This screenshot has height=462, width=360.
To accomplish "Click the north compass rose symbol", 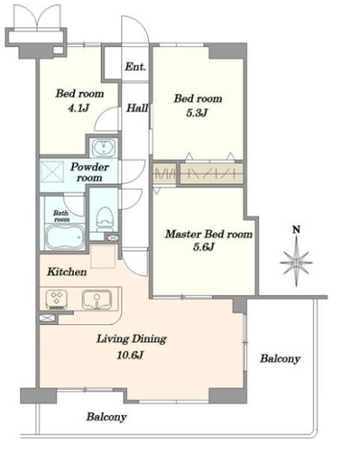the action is pyautogui.click(x=296, y=262).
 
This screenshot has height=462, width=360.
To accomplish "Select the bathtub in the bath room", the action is pyautogui.click(x=65, y=237).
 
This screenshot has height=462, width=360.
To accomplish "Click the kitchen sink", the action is pyautogui.click(x=97, y=300).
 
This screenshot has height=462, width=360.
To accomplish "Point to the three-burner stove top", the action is pyautogui.click(x=57, y=300).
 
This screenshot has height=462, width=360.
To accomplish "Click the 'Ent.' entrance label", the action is pyautogui.click(x=135, y=67).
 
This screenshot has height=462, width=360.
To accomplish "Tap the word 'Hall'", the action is pyautogui.click(x=137, y=107).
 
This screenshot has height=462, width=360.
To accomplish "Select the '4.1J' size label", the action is pyautogui.click(x=78, y=107).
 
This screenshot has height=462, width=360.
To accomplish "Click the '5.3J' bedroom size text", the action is pyautogui.click(x=197, y=113).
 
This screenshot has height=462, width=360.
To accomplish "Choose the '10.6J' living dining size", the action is pyautogui.click(x=130, y=356).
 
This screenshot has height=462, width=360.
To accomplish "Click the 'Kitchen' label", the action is pyautogui.click(x=67, y=272).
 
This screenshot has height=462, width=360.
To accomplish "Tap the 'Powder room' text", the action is pyautogui.click(x=89, y=172).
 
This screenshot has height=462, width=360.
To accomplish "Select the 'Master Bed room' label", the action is pyautogui.click(x=208, y=234).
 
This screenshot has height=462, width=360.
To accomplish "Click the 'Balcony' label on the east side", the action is pyautogui.click(x=280, y=358).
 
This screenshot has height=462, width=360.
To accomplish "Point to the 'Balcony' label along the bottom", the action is pyautogui.click(x=106, y=417).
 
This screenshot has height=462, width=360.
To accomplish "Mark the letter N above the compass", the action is pyautogui.click(x=297, y=230).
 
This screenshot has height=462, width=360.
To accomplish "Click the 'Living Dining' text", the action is pyautogui.click(x=132, y=339).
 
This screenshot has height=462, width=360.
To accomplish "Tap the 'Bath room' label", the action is pyautogui.click(x=61, y=216).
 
